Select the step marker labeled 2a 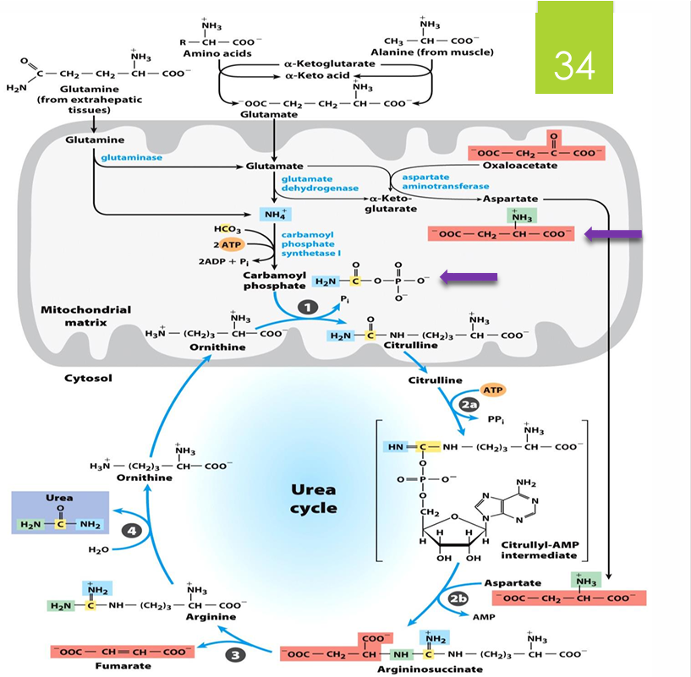coord(470,405)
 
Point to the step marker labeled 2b coord(458,598)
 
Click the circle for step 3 coord(237,653)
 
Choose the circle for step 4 coord(130,531)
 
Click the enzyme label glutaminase coord(131,157)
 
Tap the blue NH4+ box coord(276,214)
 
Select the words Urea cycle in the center coord(313,499)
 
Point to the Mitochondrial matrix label coord(85,315)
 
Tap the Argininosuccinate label coord(430,669)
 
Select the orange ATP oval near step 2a coord(493,390)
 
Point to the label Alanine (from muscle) coord(440,52)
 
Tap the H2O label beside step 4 coord(98,549)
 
